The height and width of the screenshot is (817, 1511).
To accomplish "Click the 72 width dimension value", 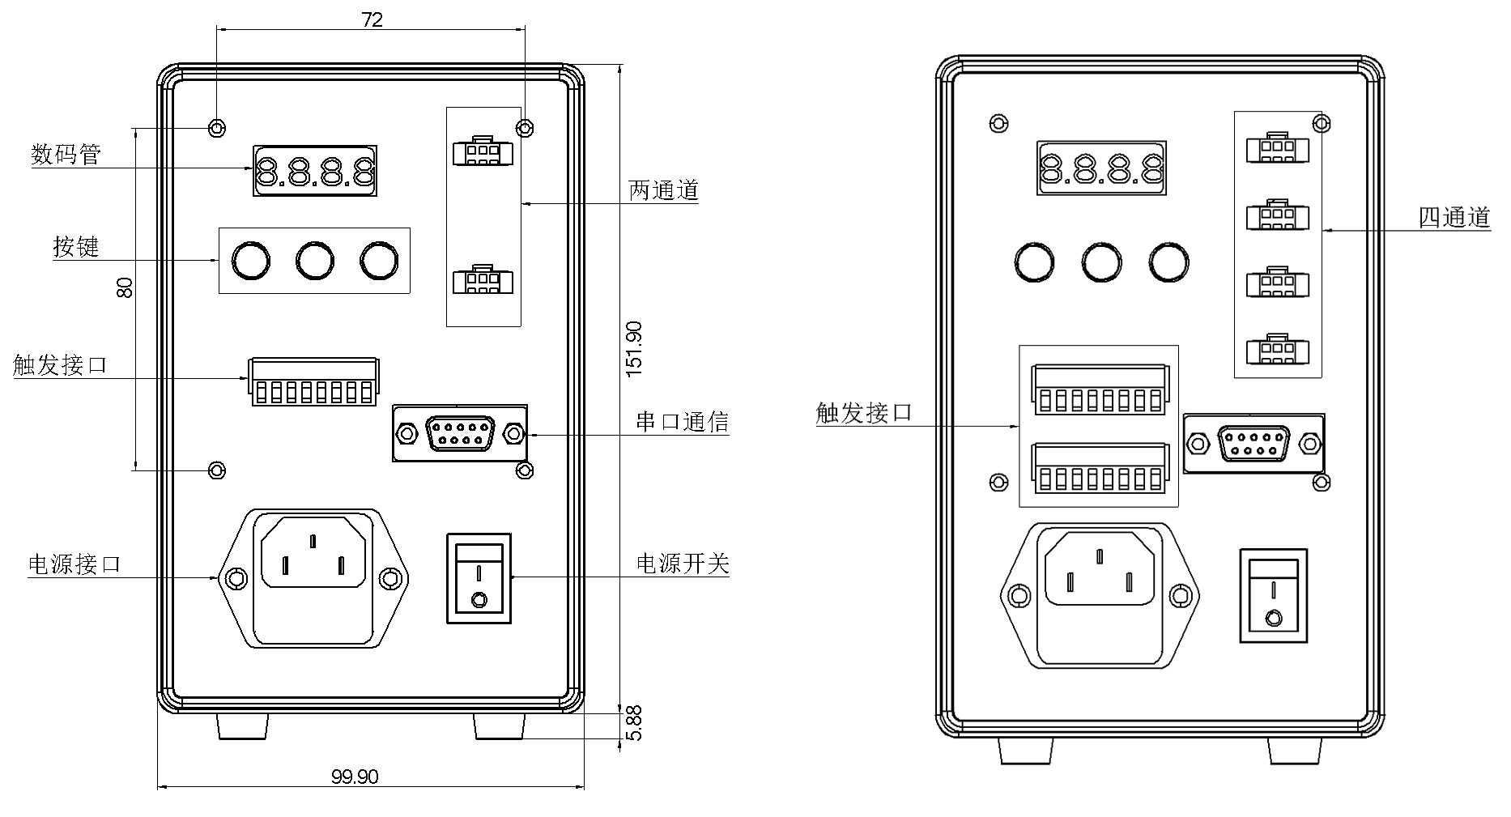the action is pos(372,19).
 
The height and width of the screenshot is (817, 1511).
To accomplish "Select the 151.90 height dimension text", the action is pos(633,349).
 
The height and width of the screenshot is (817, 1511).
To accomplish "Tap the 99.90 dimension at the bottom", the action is pos(355,777).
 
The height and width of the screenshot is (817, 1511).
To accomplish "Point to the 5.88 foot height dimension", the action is pos(634,723).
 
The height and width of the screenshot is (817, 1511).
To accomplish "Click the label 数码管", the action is pos(66,154).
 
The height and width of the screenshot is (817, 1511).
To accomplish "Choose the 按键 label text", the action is pos(76,246).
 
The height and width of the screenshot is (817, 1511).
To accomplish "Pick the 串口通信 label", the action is pos(682,421).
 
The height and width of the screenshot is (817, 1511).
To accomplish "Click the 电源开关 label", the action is pos(683,563).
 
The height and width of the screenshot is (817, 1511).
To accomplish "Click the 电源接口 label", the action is pos(74,564).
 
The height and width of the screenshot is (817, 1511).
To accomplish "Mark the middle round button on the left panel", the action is pos(314,260).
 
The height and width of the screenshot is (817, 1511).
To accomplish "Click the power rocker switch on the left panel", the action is pos(479,578).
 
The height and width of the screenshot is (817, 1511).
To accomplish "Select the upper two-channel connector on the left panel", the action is pos(483,151).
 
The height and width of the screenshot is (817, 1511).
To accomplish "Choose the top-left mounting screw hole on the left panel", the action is pos(217,128).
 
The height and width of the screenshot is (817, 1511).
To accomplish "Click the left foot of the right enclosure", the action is pos(1026,751).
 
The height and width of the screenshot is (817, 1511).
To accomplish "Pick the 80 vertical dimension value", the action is pos(125,287).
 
